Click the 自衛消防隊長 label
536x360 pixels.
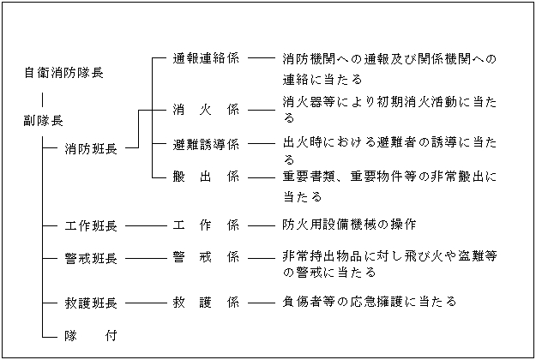pos(63,74)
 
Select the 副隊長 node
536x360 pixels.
pos(43,120)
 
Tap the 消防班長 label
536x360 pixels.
pos(91,149)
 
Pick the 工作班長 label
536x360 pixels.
pos(91,225)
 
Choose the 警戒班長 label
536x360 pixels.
pos(91,257)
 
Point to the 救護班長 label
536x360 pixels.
pos(91,303)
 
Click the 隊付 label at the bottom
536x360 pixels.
pos(91,334)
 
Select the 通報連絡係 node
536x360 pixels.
pos(206,59)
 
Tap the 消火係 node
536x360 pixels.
pos(206,110)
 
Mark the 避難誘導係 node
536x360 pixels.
pos(206,143)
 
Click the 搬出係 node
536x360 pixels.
pos(206,177)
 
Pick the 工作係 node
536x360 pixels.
pos(206,225)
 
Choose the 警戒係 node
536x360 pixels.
pos(206,257)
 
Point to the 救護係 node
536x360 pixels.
pos(206,303)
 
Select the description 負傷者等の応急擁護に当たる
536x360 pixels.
pos(369,302)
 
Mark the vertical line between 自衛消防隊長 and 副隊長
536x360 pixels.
pos(43,98)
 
